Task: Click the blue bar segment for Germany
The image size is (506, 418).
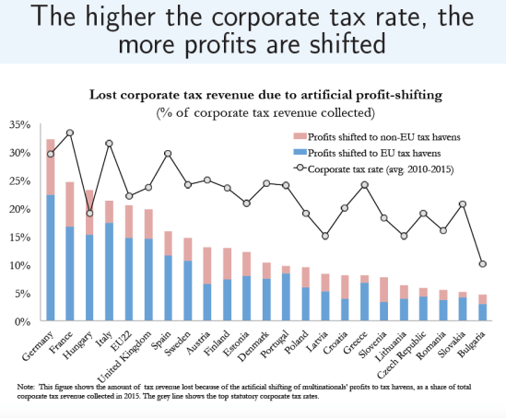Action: tap(51, 258)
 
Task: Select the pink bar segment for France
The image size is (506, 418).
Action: tap(70, 203)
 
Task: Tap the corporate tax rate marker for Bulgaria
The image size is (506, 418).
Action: tap(483, 263)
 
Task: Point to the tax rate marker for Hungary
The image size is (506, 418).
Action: tap(89, 214)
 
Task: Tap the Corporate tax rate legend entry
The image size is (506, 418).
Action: tap(378, 168)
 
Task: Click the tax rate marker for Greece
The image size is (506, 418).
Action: tap(365, 184)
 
